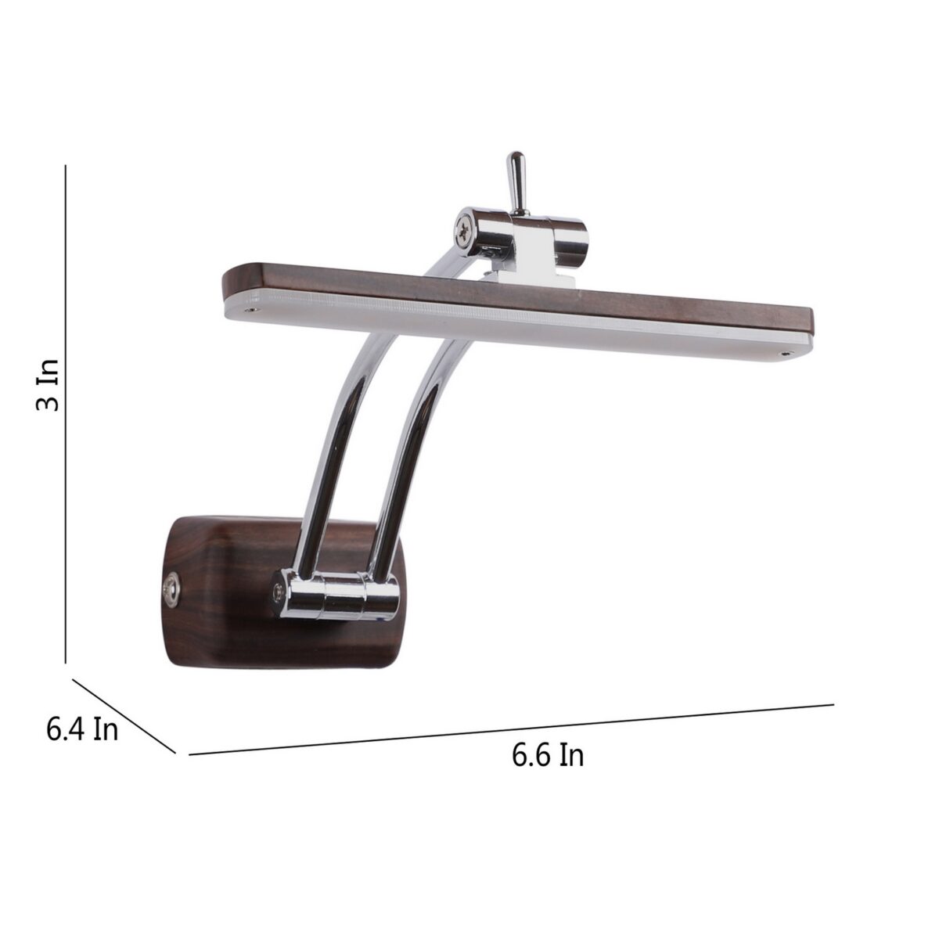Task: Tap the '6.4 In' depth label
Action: [82, 730]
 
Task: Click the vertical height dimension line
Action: [65, 414]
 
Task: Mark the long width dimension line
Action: [511, 729]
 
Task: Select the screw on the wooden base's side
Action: [171, 589]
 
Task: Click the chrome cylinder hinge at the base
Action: [339, 595]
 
